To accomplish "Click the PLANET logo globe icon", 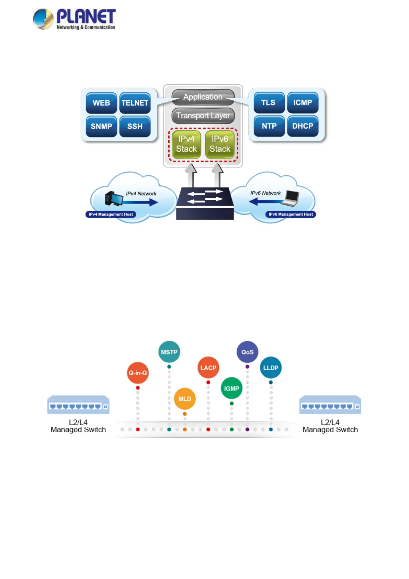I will coord(43,19).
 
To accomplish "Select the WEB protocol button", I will coord(101,103).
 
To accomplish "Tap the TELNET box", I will coord(135,103).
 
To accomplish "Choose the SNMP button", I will coord(101,126).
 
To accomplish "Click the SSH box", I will coord(135,126).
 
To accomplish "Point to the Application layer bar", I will coord(203,97).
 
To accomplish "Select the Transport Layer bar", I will coord(203,116).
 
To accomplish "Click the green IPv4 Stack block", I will coord(186,144).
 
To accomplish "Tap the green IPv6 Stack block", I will coord(220,144).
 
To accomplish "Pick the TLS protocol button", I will coord(269,102).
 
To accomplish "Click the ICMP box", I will coord(303,102).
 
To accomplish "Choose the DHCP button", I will coord(303,126).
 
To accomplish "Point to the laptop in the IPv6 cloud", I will coord(290,198).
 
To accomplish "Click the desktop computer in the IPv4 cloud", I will coord(114,198).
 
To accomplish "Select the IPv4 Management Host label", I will coord(111,214).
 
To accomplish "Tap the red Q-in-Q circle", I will coord(138,373).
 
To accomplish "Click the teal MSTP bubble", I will coord(169,352).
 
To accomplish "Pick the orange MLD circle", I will coord(185,399).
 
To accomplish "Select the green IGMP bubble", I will coord(231,389).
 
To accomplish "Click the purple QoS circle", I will coord(247,352).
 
